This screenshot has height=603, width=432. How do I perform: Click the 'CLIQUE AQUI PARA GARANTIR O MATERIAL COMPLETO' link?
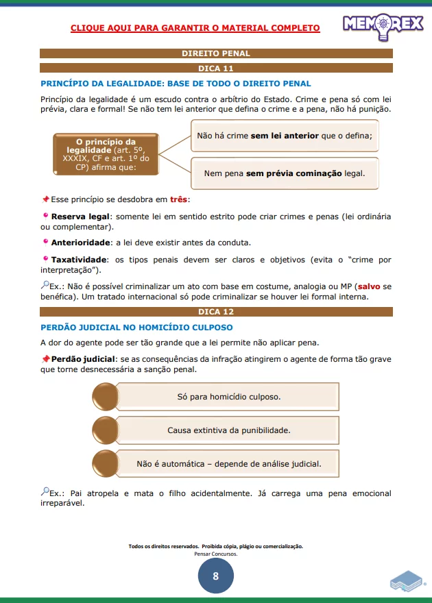(x=195, y=28)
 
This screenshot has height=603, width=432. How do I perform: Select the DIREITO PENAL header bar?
(x=216, y=53)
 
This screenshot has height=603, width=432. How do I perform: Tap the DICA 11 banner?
(x=216, y=68)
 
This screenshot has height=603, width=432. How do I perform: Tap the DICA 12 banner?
(x=216, y=312)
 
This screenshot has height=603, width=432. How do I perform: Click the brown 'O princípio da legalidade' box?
(x=106, y=154)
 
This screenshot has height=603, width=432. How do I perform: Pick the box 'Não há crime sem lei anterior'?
(x=285, y=136)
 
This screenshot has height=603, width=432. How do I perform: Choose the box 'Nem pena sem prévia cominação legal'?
(x=285, y=173)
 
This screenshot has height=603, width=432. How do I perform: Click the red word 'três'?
(x=179, y=199)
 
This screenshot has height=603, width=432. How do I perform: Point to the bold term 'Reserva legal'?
(x=80, y=217)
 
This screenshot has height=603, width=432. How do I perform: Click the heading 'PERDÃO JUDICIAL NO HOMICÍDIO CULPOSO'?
(x=136, y=328)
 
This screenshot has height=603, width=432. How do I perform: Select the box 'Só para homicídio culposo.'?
(x=228, y=397)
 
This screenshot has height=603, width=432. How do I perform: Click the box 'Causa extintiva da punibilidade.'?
(x=228, y=430)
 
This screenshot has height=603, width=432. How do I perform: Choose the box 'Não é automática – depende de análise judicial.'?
(x=228, y=464)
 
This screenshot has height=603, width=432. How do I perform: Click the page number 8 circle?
(x=216, y=576)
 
